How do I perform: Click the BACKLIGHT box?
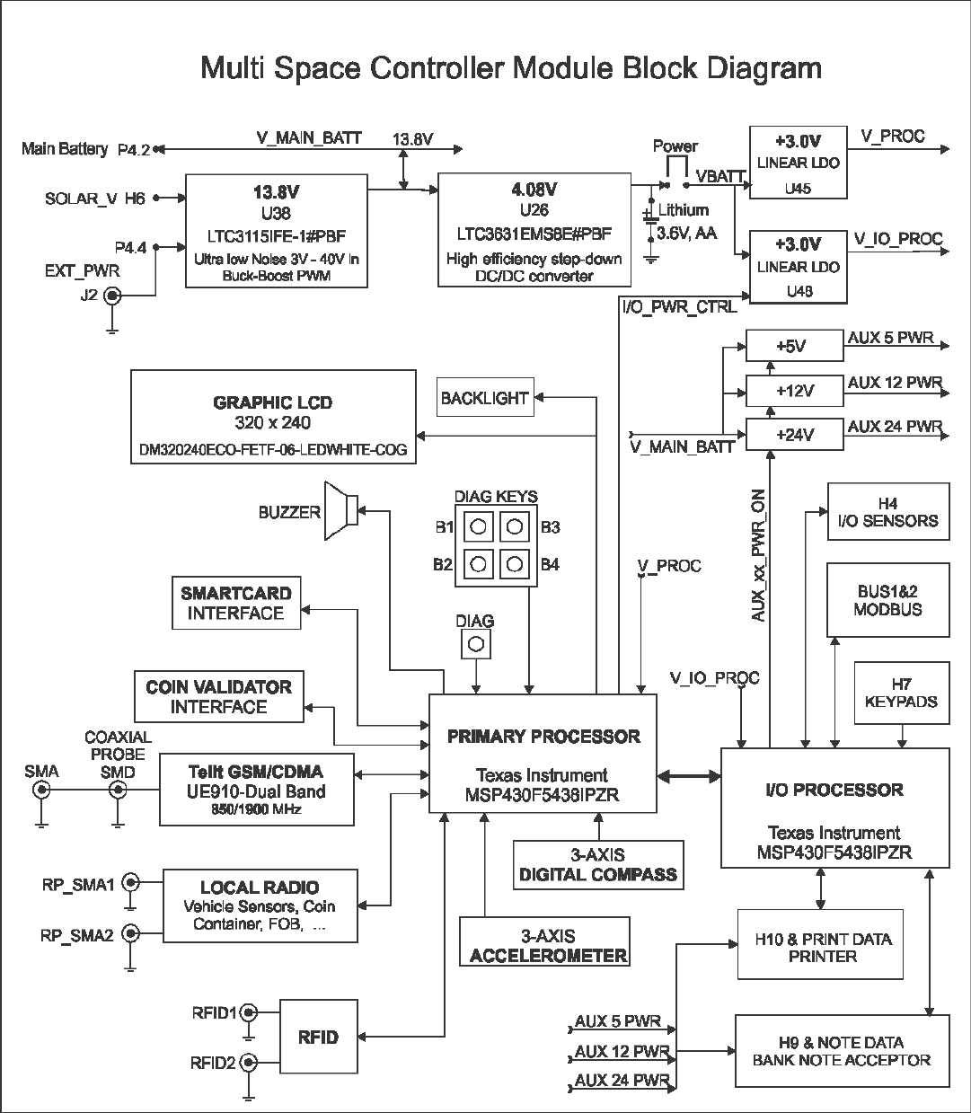485,398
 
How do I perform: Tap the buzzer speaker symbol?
342,512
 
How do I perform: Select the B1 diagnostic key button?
480,526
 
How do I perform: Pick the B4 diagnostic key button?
514,564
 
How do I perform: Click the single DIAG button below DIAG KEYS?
476,643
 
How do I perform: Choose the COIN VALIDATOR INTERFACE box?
218,697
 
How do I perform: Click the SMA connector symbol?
41,791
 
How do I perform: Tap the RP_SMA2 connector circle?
131,934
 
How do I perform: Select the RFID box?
318,1038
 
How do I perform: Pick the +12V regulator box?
795,391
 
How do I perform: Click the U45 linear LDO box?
799,163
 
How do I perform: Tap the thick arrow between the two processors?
689,775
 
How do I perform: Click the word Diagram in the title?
765,68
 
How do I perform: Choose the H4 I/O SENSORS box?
887,512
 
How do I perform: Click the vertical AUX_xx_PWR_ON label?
759,557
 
